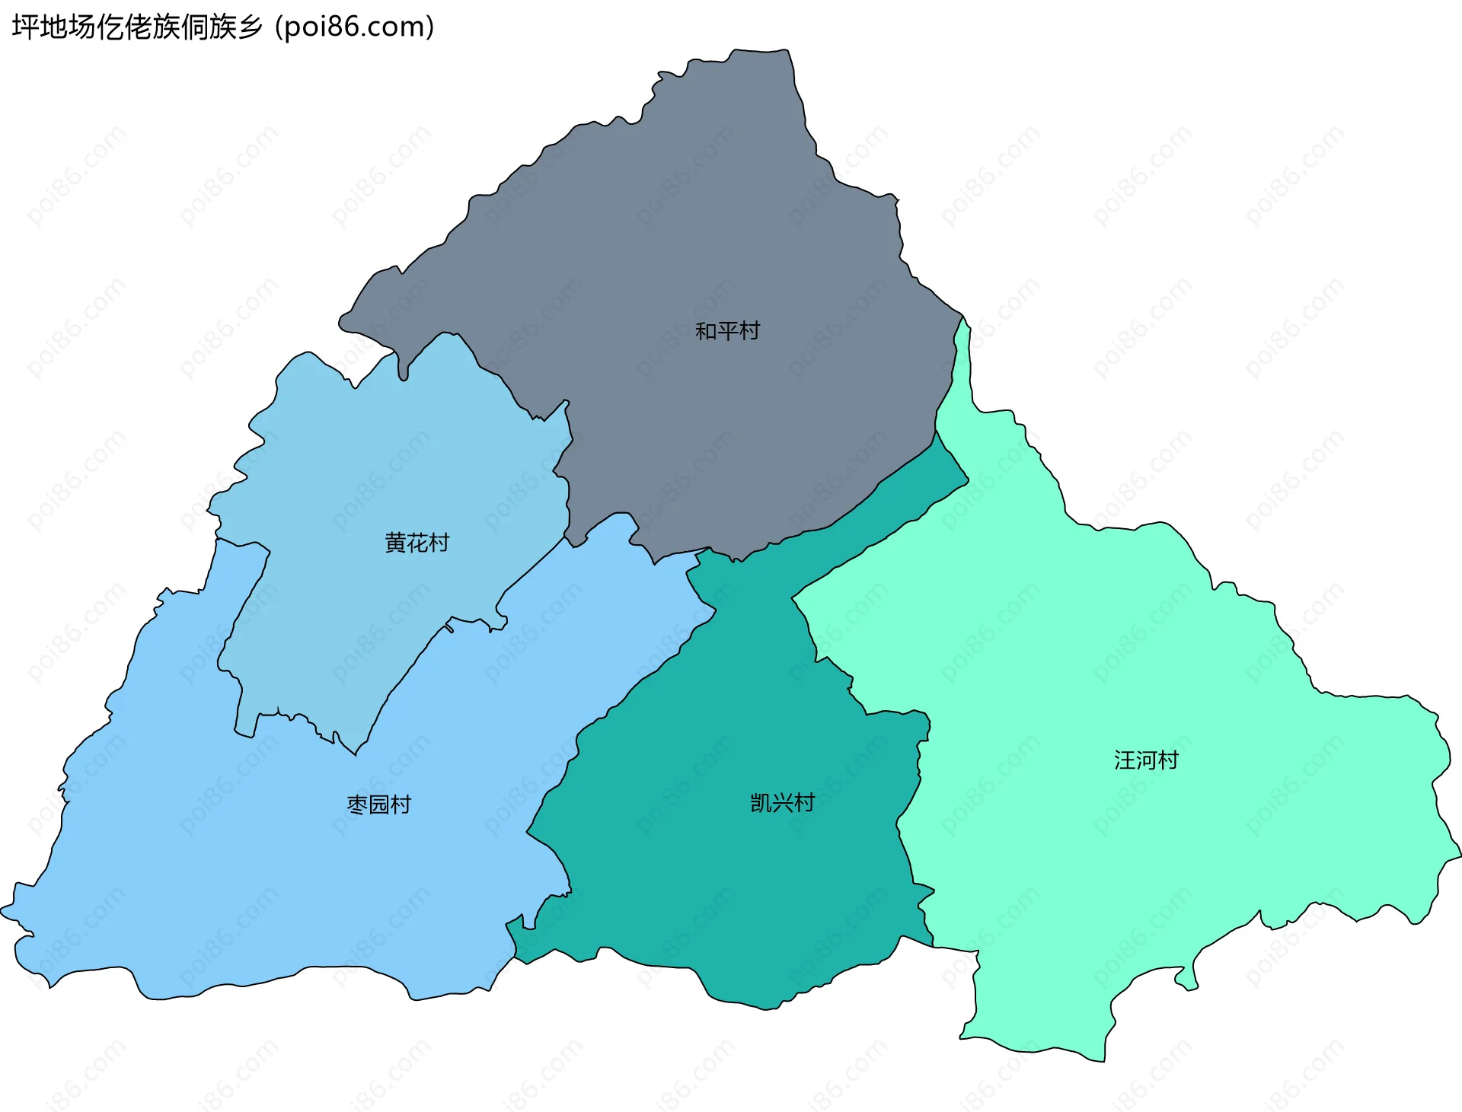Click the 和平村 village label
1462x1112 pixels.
(x=727, y=331)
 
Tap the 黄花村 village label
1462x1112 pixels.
(x=417, y=543)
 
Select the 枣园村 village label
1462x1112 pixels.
(x=379, y=805)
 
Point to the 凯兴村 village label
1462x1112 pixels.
(x=782, y=803)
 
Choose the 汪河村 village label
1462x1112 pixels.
(x=1146, y=760)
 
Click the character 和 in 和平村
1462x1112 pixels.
(x=706, y=331)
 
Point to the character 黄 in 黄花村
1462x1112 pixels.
(x=396, y=543)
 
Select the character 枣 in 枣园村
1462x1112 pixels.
(x=357, y=805)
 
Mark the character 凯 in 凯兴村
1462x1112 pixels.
(x=761, y=803)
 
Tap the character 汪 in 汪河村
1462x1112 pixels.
(x=1125, y=760)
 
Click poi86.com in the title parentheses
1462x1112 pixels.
(x=355, y=27)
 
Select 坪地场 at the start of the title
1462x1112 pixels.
(x=54, y=27)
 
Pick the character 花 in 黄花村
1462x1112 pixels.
(x=417, y=543)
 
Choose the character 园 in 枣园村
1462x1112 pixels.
(x=379, y=805)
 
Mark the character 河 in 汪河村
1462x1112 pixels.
(x=1146, y=760)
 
